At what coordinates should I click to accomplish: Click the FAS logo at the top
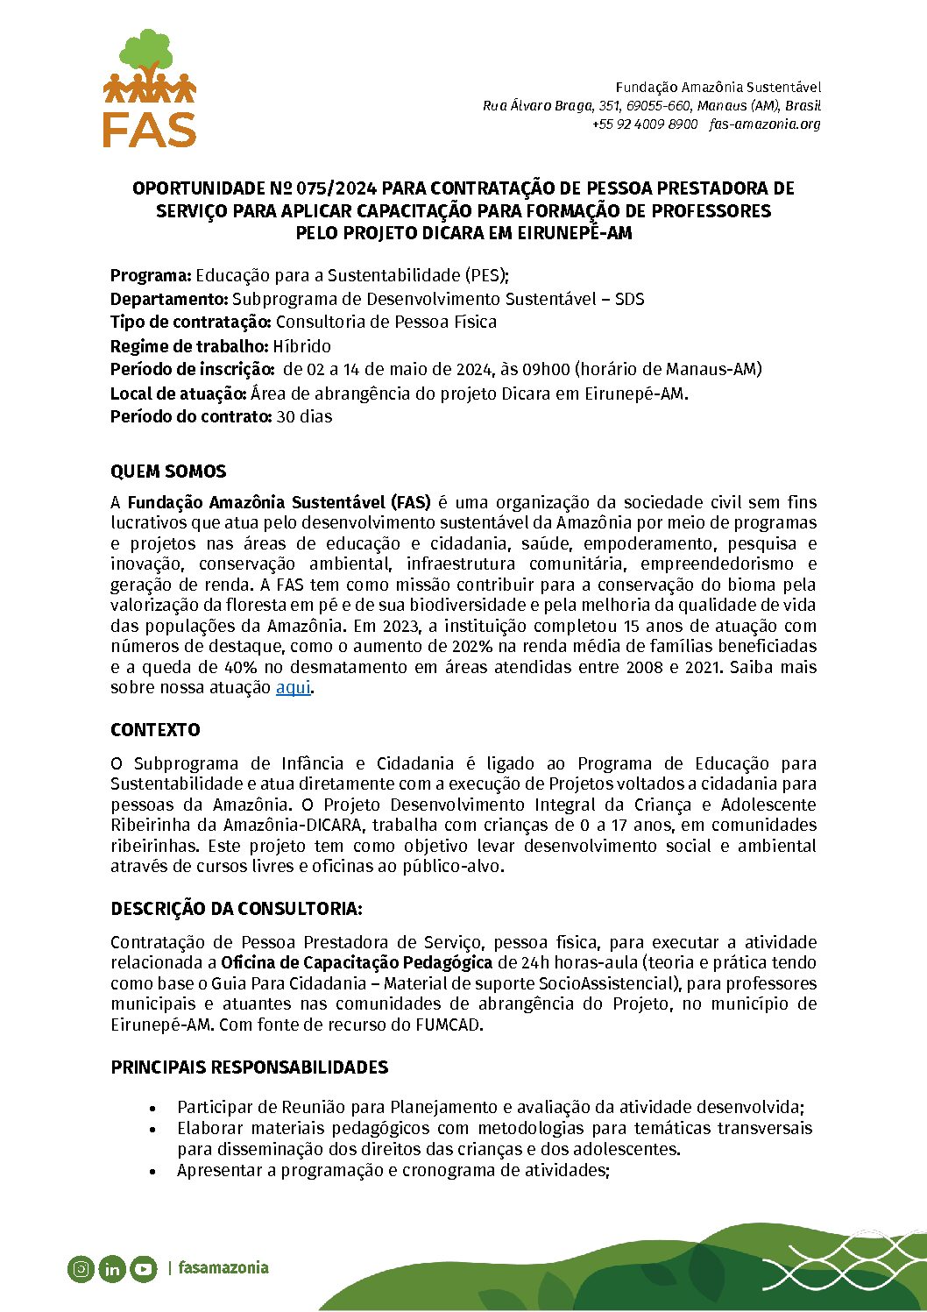[x=150, y=89]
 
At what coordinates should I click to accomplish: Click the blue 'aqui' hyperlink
[x=293, y=688]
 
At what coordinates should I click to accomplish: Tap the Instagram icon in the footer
[x=81, y=1268]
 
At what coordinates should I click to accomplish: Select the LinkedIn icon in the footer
[x=112, y=1268]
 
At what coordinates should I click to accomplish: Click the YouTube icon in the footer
[x=143, y=1268]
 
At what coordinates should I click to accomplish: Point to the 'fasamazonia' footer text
[x=223, y=1267]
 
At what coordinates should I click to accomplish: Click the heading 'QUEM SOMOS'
[x=168, y=472]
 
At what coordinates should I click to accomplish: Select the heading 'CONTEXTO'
[x=155, y=730]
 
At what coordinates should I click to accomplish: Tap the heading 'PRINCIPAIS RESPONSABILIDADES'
[x=249, y=1067]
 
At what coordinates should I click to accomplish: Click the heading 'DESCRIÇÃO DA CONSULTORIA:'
[x=236, y=908]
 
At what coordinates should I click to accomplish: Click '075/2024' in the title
[x=336, y=188]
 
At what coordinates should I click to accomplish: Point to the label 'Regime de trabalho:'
[x=188, y=346]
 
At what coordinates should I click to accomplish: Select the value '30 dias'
[x=304, y=417]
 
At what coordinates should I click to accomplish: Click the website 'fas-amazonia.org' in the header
[x=765, y=124]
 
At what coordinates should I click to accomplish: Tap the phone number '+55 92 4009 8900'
[x=645, y=124]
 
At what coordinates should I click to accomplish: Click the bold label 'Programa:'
[x=151, y=276]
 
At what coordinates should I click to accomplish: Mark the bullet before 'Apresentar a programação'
[x=153, y=1172]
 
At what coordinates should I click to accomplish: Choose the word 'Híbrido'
[x=301, y=346]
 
